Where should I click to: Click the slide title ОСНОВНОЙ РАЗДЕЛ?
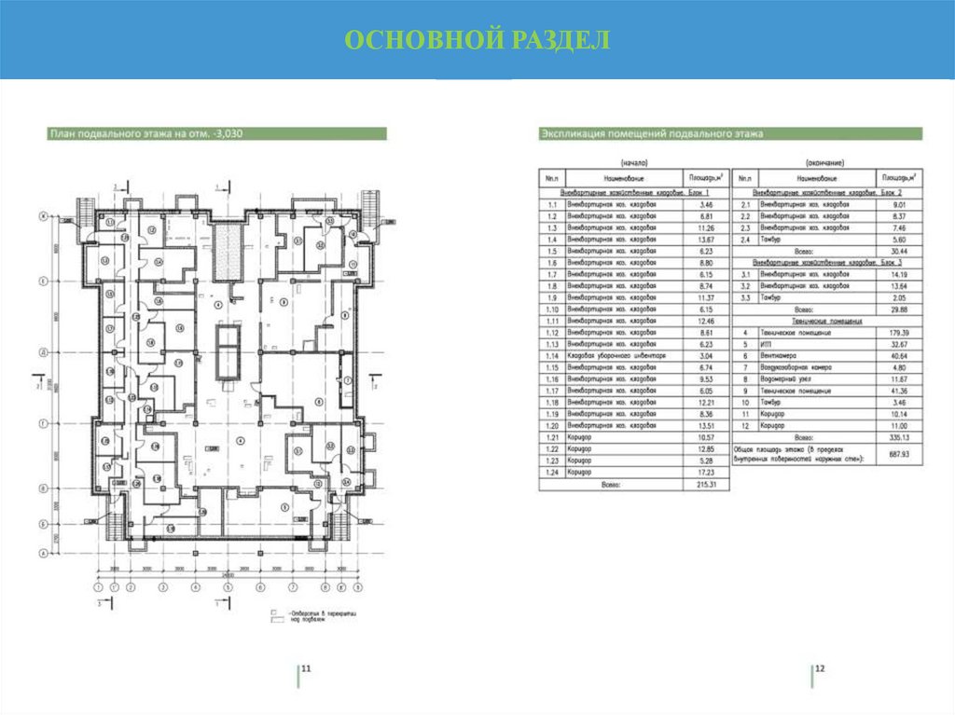[477, 40]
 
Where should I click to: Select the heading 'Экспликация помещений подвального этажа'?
[653, 134]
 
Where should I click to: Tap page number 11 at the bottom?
[305, 668]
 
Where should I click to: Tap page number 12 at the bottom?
[820, 668]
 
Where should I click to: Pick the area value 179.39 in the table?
[900, 332]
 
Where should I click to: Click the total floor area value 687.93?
[900, 453]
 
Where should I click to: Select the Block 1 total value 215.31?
[706, 485]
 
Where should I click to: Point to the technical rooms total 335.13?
[900, 435]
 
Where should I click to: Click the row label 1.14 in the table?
[552, 355]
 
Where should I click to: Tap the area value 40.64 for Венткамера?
[900, 356]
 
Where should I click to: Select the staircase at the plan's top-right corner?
[377, 202]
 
